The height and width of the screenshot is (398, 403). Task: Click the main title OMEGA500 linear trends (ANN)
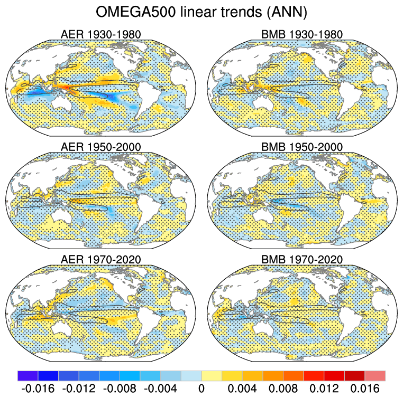[x=201, y=11]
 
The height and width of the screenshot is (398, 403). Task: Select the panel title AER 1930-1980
[x=101, y=35]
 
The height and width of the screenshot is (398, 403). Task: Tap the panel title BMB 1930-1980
[x=302, y=35]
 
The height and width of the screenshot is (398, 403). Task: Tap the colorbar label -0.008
[x=120, y=388]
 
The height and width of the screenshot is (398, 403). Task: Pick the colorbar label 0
[x=201, y=388]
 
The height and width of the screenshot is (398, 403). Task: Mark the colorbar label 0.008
[x=283, y=388]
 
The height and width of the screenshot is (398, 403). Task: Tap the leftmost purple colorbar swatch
[x=28, y=375]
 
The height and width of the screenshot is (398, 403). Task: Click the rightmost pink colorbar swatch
[x=375, y=375]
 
